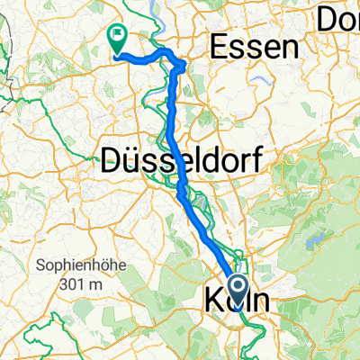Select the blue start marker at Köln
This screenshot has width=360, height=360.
(238, 290)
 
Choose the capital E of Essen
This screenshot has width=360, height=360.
(217, 47)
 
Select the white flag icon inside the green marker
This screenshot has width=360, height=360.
(117, 36)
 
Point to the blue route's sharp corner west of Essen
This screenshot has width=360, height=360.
(184, 65)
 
